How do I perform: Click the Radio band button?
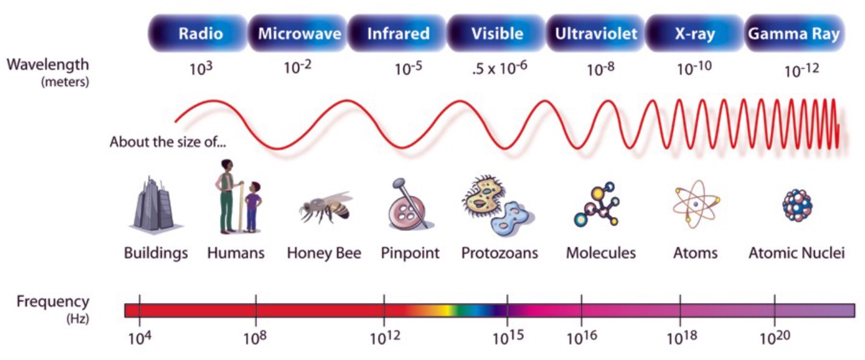pos(200,33)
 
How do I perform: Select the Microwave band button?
pos(299,33)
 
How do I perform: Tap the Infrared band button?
pos(398,33)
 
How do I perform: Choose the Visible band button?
pos(497,33)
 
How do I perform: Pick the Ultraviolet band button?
pos(596,33)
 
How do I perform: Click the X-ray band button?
pos(694,33)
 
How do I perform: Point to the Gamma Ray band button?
pos(794,33)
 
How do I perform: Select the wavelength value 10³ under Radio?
pos(200,68)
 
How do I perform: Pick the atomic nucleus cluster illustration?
pos(797,204)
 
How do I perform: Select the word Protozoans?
pos(500,253)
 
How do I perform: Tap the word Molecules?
pos(601,253)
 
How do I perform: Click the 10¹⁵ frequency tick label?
pos(507,338)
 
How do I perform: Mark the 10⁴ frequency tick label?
pos(138,338)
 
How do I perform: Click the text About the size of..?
pos(169,144)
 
